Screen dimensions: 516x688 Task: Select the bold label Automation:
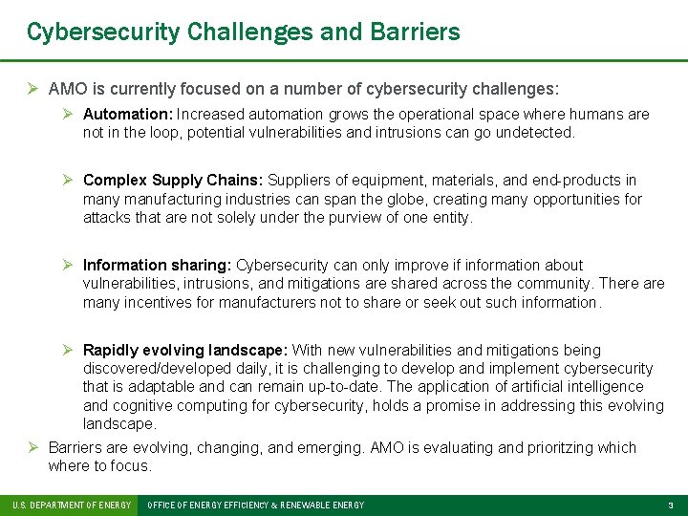pos(125,115)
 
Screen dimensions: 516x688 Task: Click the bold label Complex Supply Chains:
pos(173,181)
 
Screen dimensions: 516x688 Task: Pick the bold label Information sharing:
pos(158,266)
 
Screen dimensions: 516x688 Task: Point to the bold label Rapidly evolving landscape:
pos(185,351)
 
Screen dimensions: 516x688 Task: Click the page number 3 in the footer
pos(670,505)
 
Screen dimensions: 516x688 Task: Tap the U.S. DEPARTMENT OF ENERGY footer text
pos(70,505)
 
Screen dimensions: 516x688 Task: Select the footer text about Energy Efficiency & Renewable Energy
pos(256,505)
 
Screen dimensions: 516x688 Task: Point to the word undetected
pos(539,133)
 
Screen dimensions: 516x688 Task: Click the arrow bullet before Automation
pos(70,115)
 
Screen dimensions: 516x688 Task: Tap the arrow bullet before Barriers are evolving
pos(33,448)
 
